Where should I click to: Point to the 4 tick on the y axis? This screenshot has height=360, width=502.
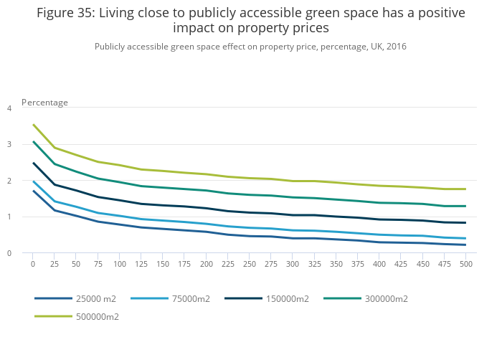point(9,108)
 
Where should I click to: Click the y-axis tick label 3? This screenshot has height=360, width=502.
point(9,144)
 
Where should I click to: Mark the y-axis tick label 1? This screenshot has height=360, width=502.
point(9,217)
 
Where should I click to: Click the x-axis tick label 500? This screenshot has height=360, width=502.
point(465,265)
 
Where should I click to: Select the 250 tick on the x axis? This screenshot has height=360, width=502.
point(250,265)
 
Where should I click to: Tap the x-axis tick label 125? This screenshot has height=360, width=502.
point(141,265)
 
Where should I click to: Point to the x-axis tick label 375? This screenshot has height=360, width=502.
point(357,265)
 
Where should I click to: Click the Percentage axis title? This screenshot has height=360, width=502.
point(44,103)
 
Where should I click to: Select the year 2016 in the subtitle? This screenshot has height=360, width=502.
point(396,47)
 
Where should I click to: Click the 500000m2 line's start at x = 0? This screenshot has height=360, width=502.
point(33,124)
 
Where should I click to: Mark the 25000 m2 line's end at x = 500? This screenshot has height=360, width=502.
point(465,245)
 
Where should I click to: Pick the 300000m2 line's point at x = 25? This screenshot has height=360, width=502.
point(55,164)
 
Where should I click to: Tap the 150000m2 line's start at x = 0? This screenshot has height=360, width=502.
point(33,163)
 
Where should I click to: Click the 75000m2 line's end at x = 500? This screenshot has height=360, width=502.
point(465,238)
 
